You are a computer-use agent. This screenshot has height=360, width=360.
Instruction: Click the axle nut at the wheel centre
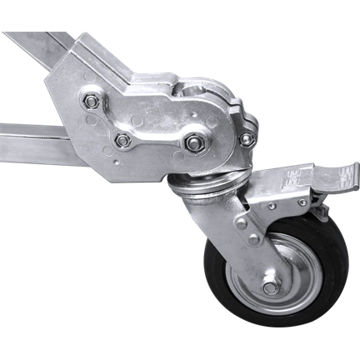(x=270, y=287)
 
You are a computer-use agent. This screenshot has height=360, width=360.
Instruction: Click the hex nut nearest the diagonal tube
(x=91, y=102)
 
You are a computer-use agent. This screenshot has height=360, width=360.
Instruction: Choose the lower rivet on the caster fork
(x=252, y=239)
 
